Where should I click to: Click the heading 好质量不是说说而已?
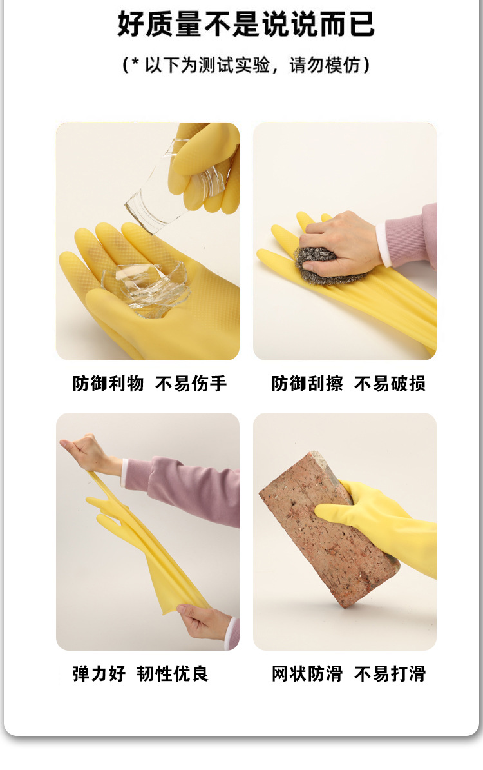[x=246, y=24]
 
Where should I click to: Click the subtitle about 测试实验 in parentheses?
[x=246, y=65]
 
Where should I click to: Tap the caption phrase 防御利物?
[x=108, y=384]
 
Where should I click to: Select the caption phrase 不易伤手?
[x=191, y=384]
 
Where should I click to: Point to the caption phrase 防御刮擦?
[x=307, y=384]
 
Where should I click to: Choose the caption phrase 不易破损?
[x=390, y=384]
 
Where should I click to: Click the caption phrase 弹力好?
[x=99, y=674]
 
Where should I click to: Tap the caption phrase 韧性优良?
[x=173, y=674]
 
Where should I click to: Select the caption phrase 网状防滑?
[x=307, y=674]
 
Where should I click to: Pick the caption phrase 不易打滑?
[x=390, y=674]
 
